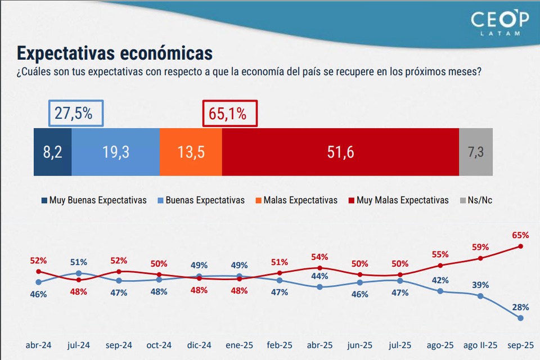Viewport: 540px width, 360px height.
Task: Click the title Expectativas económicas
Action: click(115, 53)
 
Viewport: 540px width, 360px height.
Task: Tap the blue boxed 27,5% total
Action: click(76, 113)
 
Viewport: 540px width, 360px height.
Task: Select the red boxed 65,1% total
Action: click(229, 113)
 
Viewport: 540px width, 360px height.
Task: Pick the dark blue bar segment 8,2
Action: click(52, 152)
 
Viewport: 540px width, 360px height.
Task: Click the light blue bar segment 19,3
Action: click(115, 152)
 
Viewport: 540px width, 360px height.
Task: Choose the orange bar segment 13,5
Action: click(191, 152)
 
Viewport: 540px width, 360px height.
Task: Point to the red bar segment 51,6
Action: click(340, 152)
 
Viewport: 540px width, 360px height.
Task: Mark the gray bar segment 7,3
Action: click(476, 152)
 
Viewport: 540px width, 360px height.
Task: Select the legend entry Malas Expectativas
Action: click(296, 200)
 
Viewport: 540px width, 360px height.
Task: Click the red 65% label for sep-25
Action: click(520, 235)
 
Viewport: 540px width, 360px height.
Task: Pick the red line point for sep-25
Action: click(520, 246)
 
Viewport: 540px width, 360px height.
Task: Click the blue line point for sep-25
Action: click(520, 318)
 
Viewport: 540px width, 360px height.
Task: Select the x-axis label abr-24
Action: click(38, 345)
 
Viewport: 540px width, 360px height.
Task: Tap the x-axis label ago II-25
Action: click(480, 345)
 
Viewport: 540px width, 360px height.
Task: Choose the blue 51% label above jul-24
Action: click(79, 262)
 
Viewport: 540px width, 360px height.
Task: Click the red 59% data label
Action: click(480, 246)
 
